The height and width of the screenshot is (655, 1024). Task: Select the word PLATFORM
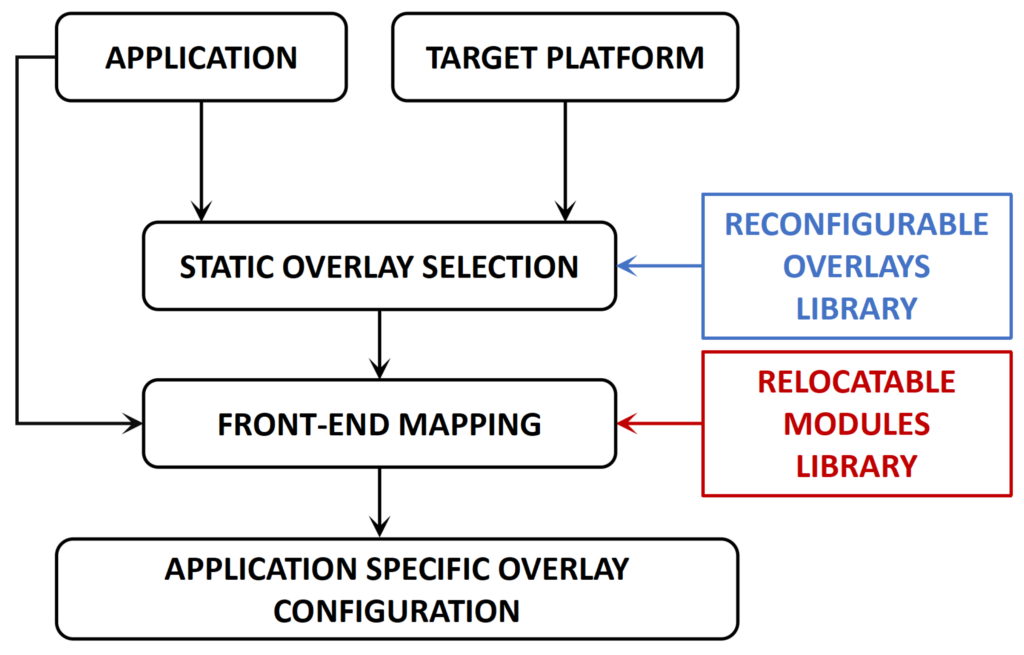tap(625, 58)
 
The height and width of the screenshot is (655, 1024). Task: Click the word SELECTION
tap(500, 267)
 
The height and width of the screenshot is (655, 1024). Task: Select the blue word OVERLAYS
tap(856, 267)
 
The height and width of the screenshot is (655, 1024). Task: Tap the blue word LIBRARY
tap(856, 309)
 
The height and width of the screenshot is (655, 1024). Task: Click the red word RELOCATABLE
tap(856, 382)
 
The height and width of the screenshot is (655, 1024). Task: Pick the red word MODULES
tap(856, 424)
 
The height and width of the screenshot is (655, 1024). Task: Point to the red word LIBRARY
tap(856, 466)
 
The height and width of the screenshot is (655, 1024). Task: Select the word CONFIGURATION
tap(397, 611)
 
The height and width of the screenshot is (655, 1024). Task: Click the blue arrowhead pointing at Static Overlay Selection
tap(627, 266)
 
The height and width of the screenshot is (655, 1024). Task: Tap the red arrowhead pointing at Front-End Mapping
tap(627, 423)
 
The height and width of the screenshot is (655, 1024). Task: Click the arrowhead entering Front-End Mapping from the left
tap(132, 423)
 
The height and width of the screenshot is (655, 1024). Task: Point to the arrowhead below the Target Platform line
tap(565, 210)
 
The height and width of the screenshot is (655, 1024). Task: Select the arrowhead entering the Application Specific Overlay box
tap(380, 527)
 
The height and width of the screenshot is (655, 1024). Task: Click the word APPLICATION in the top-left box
tap(201, 58)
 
